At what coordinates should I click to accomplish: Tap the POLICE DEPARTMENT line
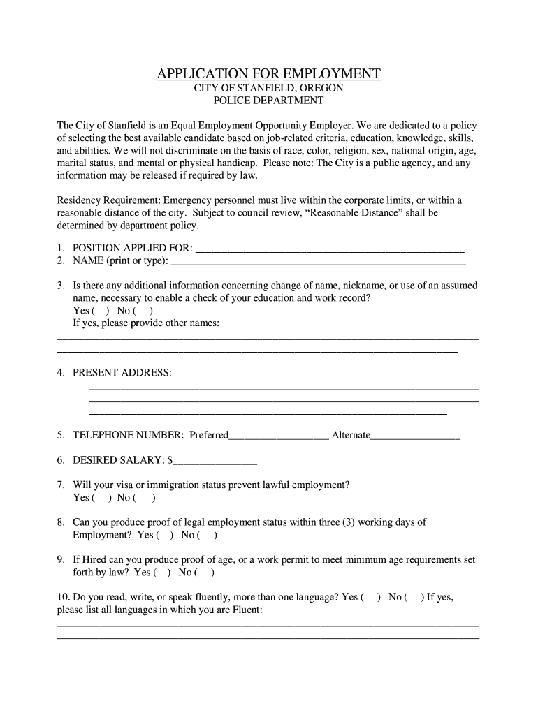tap(268, 101)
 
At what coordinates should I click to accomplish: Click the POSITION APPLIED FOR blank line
tap(329, 249)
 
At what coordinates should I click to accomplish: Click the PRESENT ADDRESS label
tap(122, 373)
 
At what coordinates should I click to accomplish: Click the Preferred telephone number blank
tap(279, 436)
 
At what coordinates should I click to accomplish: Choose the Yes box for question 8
tap(165, 536)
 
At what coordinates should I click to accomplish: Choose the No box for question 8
tap(208, 536)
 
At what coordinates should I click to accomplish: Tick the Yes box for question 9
tap(162, 573)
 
